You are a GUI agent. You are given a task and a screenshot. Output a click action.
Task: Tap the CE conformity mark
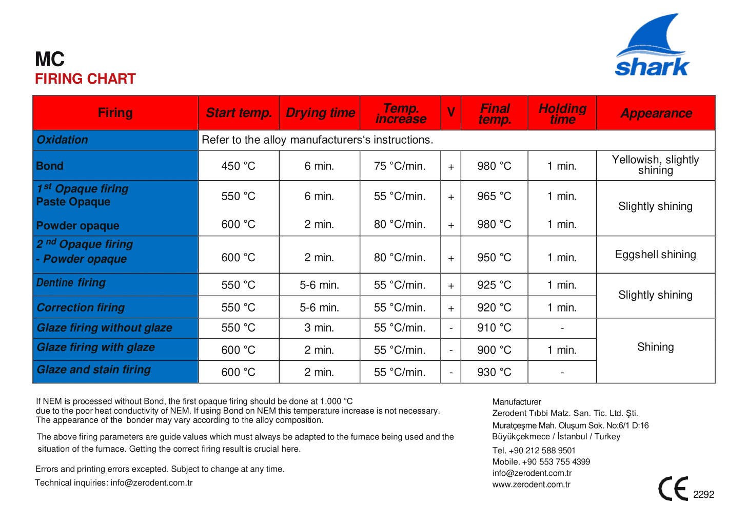pyautogui.click(x=673, y=489)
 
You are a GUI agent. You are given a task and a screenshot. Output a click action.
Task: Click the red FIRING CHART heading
pyautogui.click(x=85, y=79)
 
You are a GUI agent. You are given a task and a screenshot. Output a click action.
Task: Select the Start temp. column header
pyautogui.click(x=239, y=113)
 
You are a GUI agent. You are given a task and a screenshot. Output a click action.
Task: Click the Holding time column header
pyautogui.click(x=562, y=113)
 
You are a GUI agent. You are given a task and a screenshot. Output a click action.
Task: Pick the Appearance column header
pyautogui.click(x=656, y=113)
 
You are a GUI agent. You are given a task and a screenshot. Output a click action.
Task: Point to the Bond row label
pyautogui.click(x=50, y=166)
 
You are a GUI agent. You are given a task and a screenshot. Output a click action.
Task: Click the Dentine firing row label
pyautogui.click(x=71, y=283)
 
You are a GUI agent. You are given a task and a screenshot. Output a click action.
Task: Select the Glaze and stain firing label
pyautogui.click(x=93, y=370)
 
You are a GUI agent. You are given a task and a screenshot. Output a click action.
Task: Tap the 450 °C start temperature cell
pyautogui.click(x=238, y=166)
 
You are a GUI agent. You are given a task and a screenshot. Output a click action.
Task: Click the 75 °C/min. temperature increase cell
pyautogui.click(x=400, y=166)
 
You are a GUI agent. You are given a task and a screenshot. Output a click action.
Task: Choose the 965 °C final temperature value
pyautogui.click(x=494, y=197)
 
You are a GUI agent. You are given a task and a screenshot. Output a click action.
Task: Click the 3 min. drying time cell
pyautogui.click(x=319, y=328)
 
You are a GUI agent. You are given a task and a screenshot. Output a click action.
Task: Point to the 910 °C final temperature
pyautogui.click(x=494, y=328)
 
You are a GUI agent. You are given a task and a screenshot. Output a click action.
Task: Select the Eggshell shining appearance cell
pyautogui.click(x=655, y=255)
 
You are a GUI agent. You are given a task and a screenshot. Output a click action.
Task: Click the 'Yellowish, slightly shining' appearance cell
pyautogui.click(x=655, y=165)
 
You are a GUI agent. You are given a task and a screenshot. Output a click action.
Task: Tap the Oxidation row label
pyautogui.click(x=62, y=140)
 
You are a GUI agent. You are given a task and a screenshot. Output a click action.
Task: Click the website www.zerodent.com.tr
pyautogui.click(x=531, y=485)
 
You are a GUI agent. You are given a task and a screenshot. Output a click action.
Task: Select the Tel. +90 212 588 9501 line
pyautogui.click(x=534, y=451)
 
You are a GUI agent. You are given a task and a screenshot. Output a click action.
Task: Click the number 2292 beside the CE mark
pyautogui.click(x=703, y=495)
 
